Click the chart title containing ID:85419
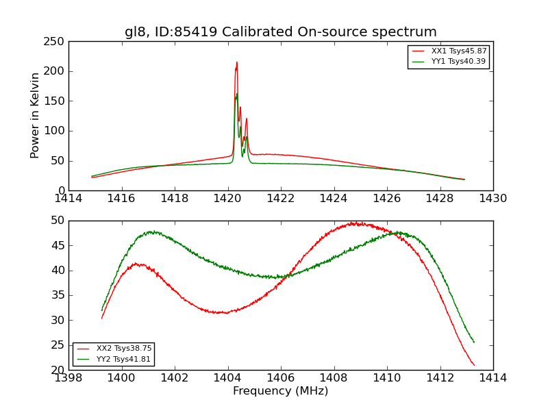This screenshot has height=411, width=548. tap(280, 32)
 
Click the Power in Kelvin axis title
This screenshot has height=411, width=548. tap(36, 116)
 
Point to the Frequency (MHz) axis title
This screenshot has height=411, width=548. tap(280, 391)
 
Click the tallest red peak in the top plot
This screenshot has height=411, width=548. tap(237, 62)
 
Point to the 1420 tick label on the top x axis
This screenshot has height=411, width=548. tap(227, 199)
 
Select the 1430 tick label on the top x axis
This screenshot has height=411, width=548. tap(493, 199)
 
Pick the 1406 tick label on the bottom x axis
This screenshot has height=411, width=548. tap(280, 377)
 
